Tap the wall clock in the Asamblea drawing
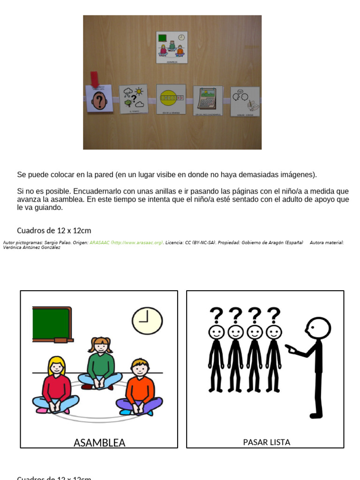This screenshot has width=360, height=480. pos(147,321)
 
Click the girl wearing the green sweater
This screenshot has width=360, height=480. pos(100,363)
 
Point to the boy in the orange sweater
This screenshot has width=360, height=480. pos(140,387)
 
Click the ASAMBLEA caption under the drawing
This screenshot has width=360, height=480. pos(99,442)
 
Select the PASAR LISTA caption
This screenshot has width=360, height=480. pos(266,442)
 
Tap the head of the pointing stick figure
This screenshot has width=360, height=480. pos(318,328)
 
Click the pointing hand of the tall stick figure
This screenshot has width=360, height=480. pos(291,349)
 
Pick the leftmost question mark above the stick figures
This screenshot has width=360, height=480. pos(216,315)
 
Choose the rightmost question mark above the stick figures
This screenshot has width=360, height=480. pos(273,315)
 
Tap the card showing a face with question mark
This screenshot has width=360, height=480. pos(98,99)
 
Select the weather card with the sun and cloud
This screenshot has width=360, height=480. pos(133,99)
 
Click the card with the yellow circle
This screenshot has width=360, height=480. pos(171,99)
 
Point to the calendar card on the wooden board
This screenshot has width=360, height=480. pos(208,100)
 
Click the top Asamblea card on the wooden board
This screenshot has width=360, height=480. pos(172,47)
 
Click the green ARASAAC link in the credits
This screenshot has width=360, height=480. pos(126,243)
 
